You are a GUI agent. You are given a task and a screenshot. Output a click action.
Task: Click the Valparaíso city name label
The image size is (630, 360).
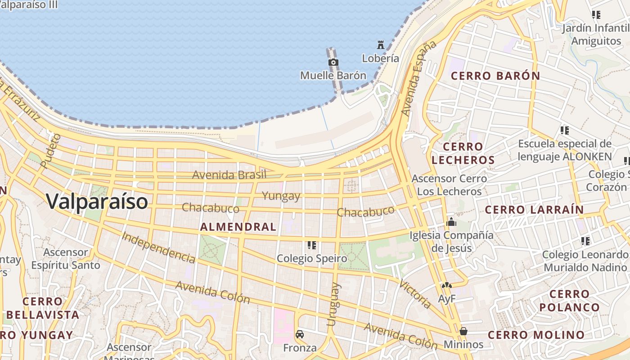click(x=97, y=201)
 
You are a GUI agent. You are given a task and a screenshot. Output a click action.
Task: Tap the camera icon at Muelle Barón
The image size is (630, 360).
click(x=333, y=63)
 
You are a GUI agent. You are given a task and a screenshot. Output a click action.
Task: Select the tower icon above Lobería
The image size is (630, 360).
click(x=381, y=45)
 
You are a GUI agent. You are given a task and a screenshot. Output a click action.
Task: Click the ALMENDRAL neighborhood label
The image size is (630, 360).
click(x=238, y=227)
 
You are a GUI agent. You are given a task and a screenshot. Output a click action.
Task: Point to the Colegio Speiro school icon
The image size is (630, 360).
click(x=312, y=245)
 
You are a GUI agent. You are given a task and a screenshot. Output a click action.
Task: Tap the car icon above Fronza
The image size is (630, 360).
click(x=300, y=334)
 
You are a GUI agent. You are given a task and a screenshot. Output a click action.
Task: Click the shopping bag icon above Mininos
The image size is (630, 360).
click(x=463, y=331)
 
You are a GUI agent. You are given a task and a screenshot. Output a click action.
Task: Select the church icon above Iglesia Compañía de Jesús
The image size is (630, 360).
click(x=451, y=222)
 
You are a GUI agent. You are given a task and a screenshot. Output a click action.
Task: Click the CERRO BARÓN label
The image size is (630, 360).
click(x=495, y=76)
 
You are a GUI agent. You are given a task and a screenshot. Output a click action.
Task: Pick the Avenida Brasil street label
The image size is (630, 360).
click(x=229, y=175)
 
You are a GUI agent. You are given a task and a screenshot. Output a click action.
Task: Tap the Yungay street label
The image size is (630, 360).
click(x=281, y=196)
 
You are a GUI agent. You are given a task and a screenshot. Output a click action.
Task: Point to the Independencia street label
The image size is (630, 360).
click(x=158, y=247)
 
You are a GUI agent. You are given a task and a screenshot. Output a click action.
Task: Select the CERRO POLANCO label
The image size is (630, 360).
click(x=569, y=301)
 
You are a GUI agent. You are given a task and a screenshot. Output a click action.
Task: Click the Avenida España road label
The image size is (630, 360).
click(x=419, y=78)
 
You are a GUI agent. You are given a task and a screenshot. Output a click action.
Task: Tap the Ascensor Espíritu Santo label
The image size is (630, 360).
click(x=66, y=259)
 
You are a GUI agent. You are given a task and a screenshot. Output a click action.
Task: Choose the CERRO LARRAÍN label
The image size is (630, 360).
click(x=534, y=210)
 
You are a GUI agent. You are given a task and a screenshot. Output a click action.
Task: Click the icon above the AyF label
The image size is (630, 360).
click(x=446, y=285)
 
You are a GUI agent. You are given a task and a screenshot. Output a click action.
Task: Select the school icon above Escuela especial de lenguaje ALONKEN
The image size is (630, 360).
click(x=564, y=130)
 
